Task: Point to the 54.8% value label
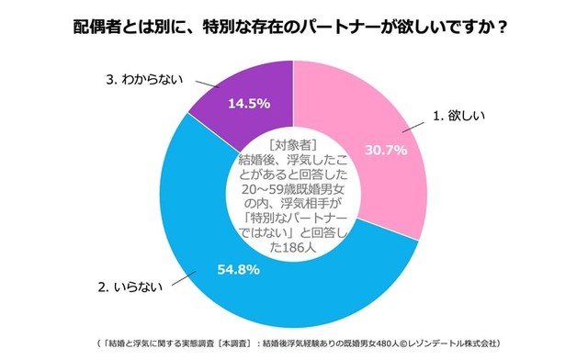coord(238,271)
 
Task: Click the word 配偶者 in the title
coord(102,26)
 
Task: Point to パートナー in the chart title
coord(349,26)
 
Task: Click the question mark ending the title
coord(503,26)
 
